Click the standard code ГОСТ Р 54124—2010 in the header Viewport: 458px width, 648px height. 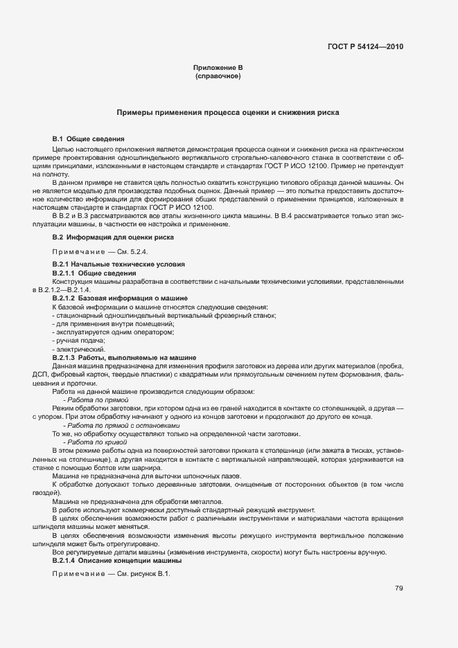click(x=364, y=47)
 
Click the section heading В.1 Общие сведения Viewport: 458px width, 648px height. click(x=88, y=139)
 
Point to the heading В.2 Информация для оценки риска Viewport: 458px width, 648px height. click(x=113, y=237)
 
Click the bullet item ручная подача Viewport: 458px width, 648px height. click(x=78, y=341)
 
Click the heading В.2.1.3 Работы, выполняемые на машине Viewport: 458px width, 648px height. click(x=124, y=357)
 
